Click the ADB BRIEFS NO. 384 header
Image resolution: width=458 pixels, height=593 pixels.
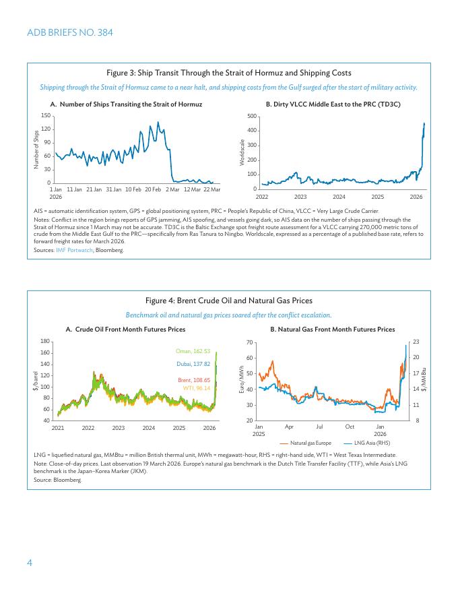click(x=70, y=32)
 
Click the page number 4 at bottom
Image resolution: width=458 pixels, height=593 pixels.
click(x=30, y=563)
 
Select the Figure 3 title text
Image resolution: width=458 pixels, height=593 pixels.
click(x=229, y=73)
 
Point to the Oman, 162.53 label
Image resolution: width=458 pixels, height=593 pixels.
click(x=193, y=351)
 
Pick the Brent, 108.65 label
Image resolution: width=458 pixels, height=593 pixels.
click(x=194, y=380)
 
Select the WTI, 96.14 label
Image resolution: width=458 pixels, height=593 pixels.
click(x=197, y=388)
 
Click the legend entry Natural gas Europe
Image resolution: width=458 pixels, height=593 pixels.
click(x=310, y=443)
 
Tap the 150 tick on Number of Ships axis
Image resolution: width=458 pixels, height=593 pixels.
click(x=46, y=116)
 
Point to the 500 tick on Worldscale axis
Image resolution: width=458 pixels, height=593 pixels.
click(x=251, y=116)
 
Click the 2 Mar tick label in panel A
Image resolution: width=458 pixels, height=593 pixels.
click(x=172, y=189)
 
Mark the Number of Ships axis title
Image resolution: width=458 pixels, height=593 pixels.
click(x=36, y=149)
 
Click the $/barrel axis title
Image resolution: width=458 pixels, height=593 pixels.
click(x=35, y=381)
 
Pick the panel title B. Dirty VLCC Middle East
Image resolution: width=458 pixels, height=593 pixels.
click(x=333, y=104)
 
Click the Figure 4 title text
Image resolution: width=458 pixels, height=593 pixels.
click(x=229, y=301)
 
